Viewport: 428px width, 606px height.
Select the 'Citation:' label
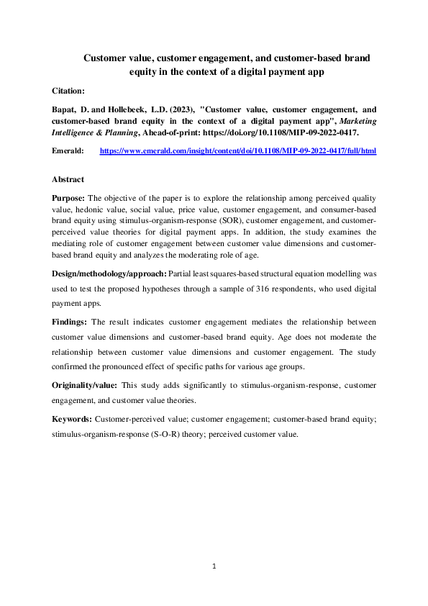[x=68, y=91]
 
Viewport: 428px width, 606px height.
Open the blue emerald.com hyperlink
[x=237, y=152]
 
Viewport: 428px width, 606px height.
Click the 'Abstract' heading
[x=68, y=179]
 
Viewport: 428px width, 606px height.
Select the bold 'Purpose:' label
[x=70, y=197]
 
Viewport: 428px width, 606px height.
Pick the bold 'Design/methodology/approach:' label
[x=108, y=275]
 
